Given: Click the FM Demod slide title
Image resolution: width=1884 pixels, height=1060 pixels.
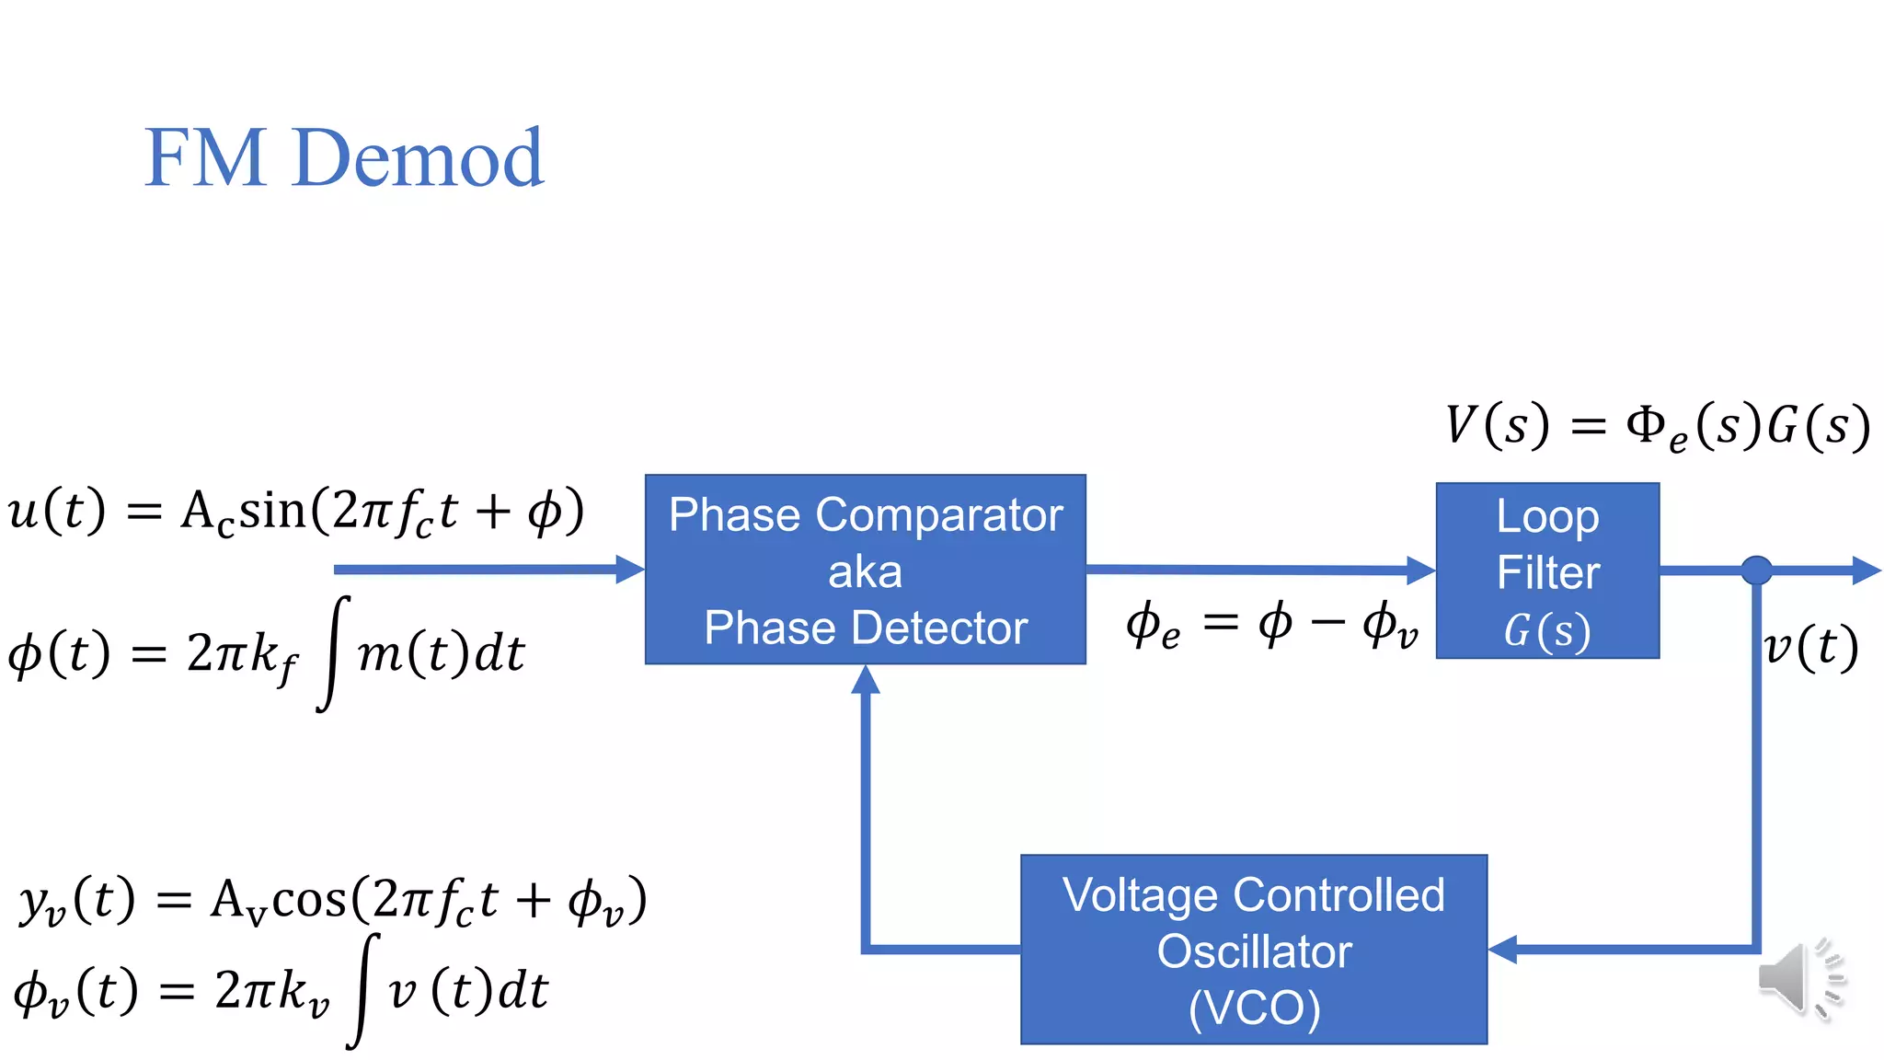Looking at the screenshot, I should click(x=344, y=158).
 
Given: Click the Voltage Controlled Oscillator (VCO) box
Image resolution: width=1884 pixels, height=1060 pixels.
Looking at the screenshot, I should click(x=1253, y=950).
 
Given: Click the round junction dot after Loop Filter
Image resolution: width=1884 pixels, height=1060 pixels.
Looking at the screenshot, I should click(x=1756, y=570).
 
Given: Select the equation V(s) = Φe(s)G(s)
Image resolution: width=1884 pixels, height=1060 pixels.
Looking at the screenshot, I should click(x=1656, y=427).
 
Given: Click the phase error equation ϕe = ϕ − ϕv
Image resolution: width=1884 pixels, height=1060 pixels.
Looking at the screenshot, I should click(x=1271, y=626).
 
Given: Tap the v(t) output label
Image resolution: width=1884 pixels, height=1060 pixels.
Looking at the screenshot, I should click(x=1810, y=647).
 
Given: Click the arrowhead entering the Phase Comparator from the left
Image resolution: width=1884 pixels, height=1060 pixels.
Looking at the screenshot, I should click(x=631, y=570).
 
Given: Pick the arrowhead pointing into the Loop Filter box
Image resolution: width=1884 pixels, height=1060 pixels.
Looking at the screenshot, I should click(x=1422, y=570).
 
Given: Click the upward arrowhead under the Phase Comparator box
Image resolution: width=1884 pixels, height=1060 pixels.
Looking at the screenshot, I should click(x=865, y=679).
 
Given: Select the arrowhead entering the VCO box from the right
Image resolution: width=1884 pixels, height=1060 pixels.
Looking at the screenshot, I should click(x=1502, y=949).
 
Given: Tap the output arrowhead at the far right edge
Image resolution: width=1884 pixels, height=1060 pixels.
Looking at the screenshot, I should click(x=1867, y=570).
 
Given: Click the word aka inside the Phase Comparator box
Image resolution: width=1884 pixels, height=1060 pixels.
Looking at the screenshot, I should click(x=865, y=572).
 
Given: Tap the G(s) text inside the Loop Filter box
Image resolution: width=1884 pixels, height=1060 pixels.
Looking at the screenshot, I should click(x=1547, y=631).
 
